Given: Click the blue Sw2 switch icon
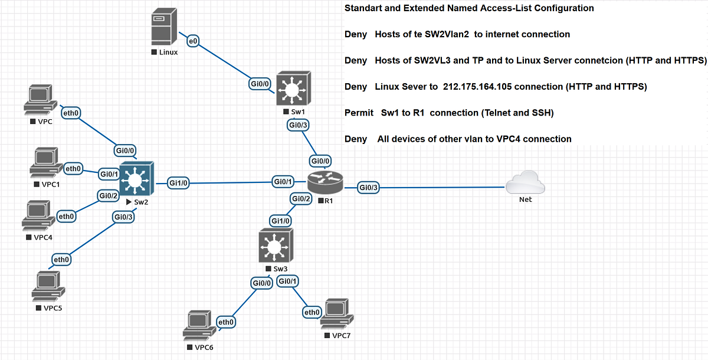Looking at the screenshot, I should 136,179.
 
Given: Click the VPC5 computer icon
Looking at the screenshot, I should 50,286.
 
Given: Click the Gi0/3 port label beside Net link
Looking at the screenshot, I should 369,188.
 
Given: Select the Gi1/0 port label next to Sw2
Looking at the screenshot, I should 178,182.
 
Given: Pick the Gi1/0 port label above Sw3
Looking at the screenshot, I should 281,221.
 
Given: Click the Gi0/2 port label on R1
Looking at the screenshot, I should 301,199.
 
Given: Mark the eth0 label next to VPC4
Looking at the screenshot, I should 67,217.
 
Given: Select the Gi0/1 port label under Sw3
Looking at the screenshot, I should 287,282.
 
